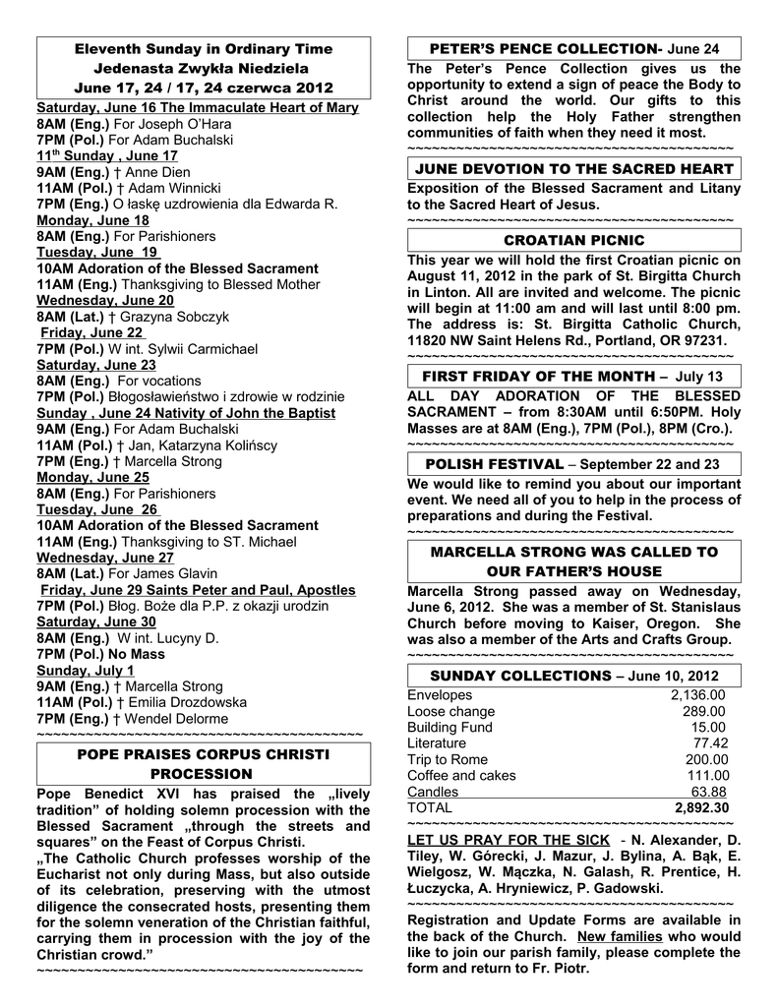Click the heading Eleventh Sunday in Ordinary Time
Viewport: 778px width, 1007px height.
tap(203, 48)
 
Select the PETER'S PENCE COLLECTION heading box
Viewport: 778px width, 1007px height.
tap(572, 48)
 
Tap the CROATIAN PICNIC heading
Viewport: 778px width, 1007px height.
tap(573, 240)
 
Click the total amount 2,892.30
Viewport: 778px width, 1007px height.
tap(701, 807)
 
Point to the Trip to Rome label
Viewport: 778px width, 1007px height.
tap(448, 759)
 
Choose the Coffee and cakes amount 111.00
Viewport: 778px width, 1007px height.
tap(706, 775)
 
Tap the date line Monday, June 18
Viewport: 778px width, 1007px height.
tap(93, 220)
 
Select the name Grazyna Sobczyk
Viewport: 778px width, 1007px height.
tap(176, 317)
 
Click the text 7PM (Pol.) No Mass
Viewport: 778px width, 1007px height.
tap(101, 654)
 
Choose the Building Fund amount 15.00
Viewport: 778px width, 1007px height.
tap(708, 727)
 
